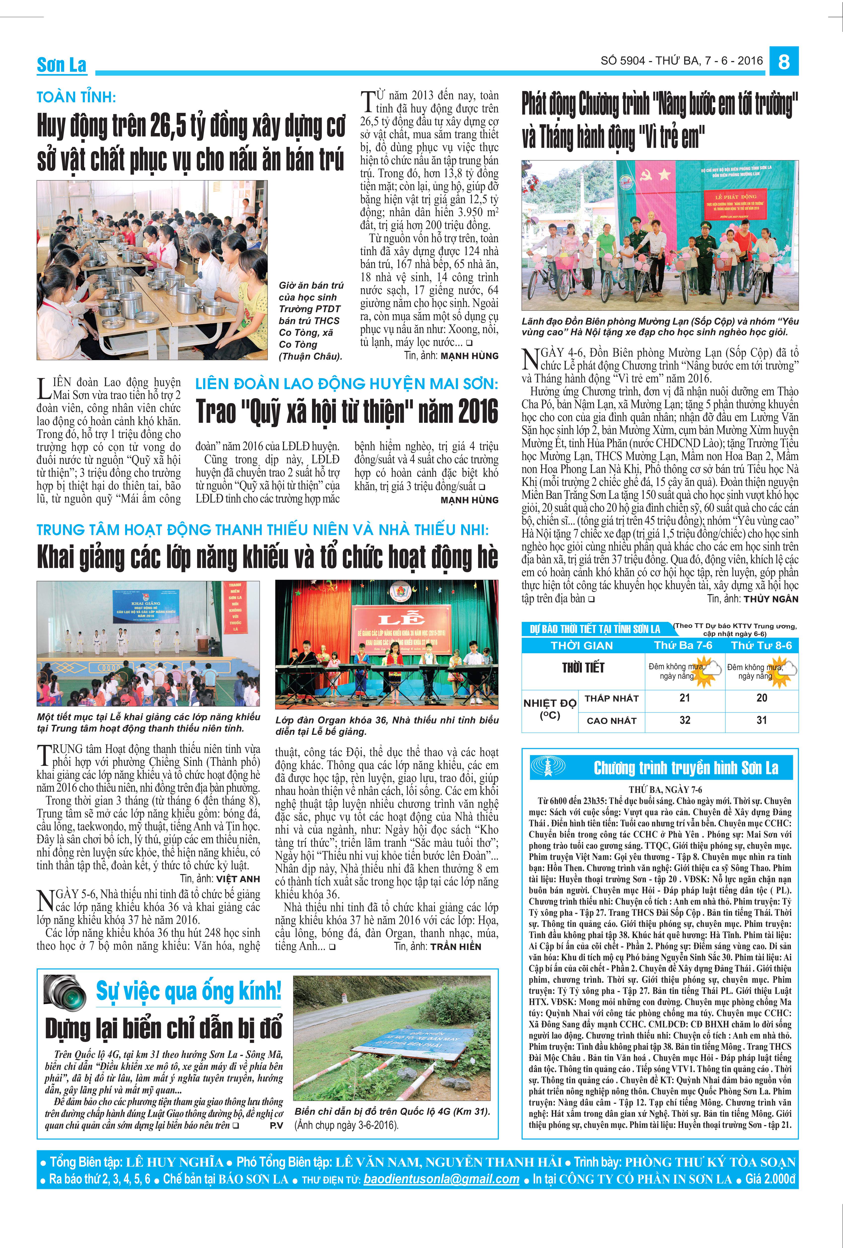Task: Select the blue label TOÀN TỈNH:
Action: pyautogui.click(x=76, y=97)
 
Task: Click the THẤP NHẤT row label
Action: pyautogui.click(x=611, y=698)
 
